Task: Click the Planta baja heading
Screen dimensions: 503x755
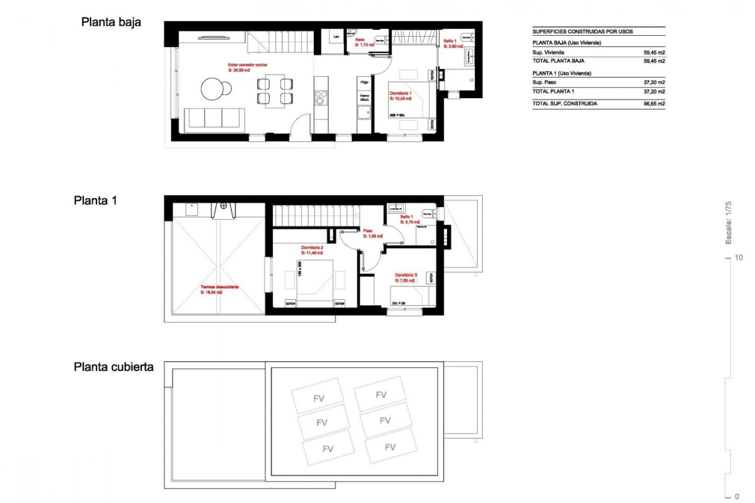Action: pos(111,22)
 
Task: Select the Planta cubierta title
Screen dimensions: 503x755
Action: pos(114,367)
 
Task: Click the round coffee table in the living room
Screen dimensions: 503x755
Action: pos(214,89)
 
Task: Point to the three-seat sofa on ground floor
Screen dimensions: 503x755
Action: pos(214,118)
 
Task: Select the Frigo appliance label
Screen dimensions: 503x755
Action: pos(365,82)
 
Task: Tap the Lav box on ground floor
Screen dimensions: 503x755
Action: pos(336,37)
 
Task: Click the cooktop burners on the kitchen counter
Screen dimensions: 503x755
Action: pos(321,97)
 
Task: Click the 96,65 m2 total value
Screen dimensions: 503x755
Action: pos(654,104)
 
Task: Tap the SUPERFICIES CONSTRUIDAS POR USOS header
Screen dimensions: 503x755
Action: pos(582,31)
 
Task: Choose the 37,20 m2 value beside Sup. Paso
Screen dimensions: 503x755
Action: pos(654,82)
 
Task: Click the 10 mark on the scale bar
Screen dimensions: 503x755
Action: pos(738,257)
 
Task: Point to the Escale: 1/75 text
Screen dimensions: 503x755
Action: pos(728,222)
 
